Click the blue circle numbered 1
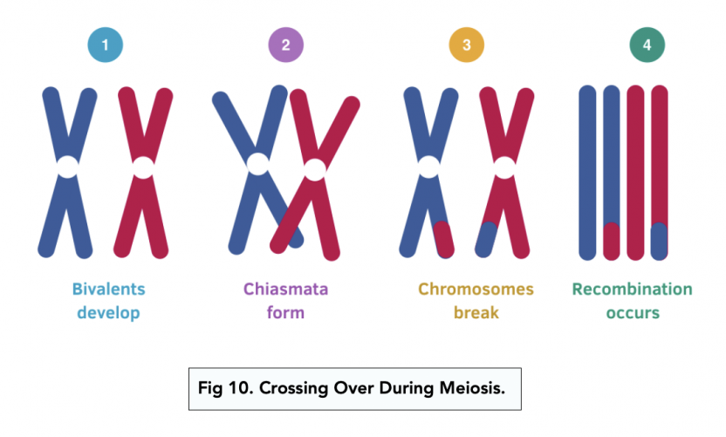tap(106, 44)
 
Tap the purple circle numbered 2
tap(286, 44)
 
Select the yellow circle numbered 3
tap(467, 44)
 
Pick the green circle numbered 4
tap(647, 44)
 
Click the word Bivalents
tap(109, 290)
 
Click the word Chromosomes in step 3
tap(476, 290)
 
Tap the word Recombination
tap(632, 290)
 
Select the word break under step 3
tap(476, 312)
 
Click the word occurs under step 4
tap(632, 312)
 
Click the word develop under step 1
tap(109, 312)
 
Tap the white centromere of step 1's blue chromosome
tap(67, 166)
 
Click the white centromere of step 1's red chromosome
tap(143, 166)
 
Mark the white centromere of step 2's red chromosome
tap(315, 168)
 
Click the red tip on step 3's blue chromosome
tap(444, 238)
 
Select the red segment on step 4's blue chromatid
tap(612, 241)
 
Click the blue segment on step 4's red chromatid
tap(660, 241)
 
